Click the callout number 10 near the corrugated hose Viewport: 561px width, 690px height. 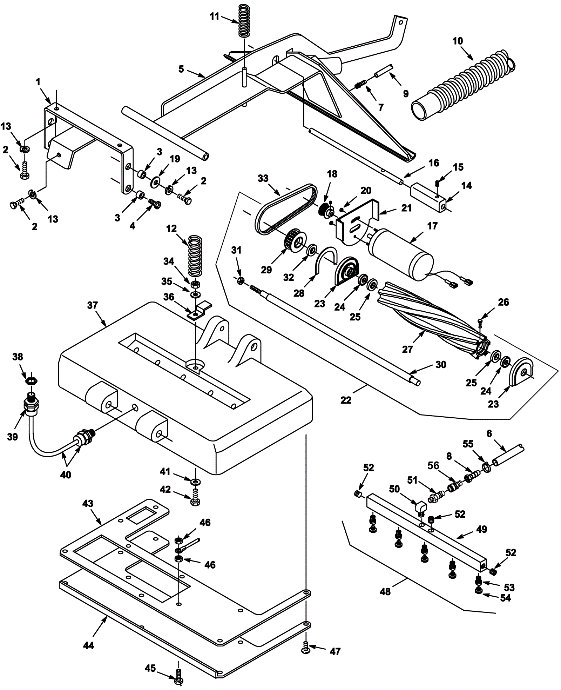(x=458, y=41)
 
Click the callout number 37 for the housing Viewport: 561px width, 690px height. (x=92, y=305)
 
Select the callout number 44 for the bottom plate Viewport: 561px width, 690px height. (x=89, y=645)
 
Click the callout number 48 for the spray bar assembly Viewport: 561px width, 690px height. (x=385, y=591)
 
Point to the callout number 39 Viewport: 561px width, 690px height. (x=13, y=437)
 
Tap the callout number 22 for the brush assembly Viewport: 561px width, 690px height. (x=346, y=400)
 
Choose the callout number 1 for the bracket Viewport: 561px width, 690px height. (x=38, y=82)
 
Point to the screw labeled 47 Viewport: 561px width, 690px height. (x=306, y=650)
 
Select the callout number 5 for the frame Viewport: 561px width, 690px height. (x=181, y=69)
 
